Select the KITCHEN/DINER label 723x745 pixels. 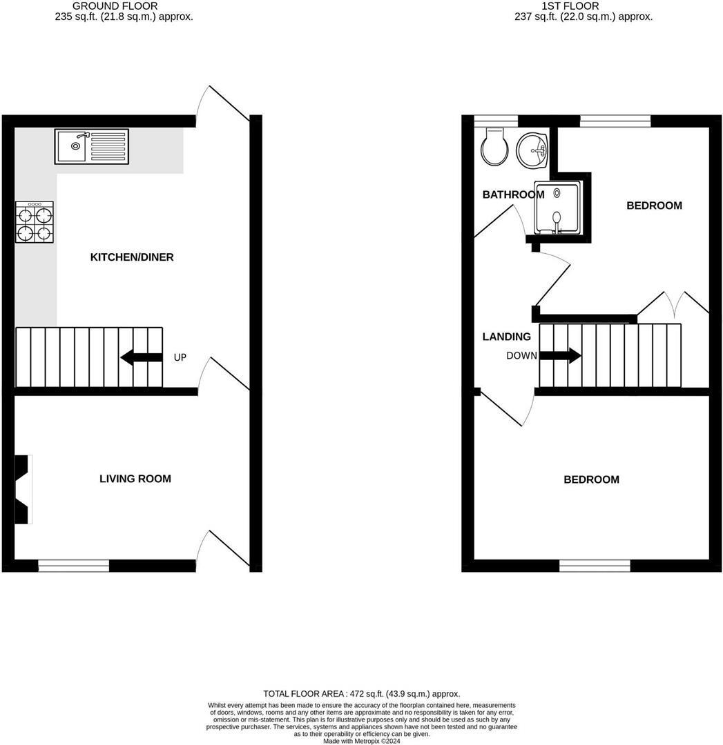click(132, 257)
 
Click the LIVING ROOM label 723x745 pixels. click(135, 479)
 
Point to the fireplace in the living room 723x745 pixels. click(23, 489)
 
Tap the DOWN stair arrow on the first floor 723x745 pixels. click(559, 356)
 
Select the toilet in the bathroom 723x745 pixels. click(495, 146)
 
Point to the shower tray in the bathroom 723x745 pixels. click(557, 208)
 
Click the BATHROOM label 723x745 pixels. click(513, 195)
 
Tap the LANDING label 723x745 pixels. click(507, 337)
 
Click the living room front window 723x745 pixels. click(73, 566)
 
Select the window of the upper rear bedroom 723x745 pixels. click(615, 121)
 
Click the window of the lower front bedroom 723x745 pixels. click(594, 566)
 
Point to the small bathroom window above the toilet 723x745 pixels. click(495, 121)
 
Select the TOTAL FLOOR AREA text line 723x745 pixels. click(361, 694)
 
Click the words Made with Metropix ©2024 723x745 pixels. click(361, 741)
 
